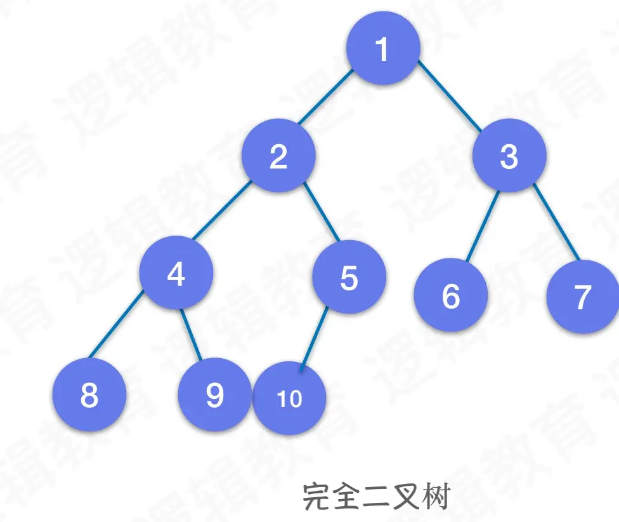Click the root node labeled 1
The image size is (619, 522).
point(383,49)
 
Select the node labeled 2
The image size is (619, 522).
point(278,156)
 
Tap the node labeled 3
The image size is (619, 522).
point(509,156)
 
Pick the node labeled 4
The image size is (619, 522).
point(176,273)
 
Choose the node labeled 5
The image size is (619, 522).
point(349,277)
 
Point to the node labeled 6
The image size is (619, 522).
point(450,295)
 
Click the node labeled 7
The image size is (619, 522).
point(582,297)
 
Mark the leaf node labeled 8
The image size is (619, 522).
point(89,395)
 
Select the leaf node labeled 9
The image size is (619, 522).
point(215,395)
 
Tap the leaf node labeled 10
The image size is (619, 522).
point(289,398)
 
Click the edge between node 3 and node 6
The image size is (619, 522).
point(483,226)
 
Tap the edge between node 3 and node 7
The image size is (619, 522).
point(556,222)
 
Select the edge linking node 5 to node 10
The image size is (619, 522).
point(314,337)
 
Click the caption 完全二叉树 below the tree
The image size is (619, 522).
point(375,496)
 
